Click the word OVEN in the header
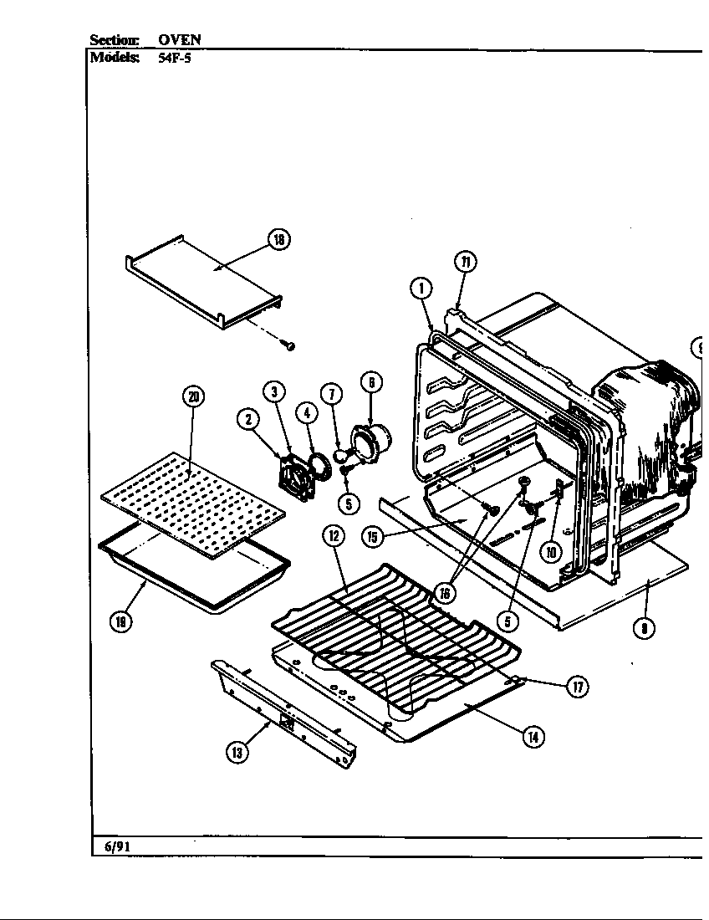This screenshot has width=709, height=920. pos(180,39)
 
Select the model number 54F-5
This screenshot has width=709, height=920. pos(175,59)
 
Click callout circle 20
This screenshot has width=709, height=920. pos(193,396)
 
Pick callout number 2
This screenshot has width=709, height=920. pos(248,420)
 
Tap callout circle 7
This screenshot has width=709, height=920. pos(332,394)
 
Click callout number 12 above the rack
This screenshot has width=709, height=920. pos(333,535)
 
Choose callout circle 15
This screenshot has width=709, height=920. pos(373,535)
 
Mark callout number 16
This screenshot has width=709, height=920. pos(445,593)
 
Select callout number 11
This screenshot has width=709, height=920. pos(466,262)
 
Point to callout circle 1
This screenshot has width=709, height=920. pos(422,289)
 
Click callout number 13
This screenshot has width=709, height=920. pos(237,752)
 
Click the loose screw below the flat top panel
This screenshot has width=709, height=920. pos(288,345)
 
